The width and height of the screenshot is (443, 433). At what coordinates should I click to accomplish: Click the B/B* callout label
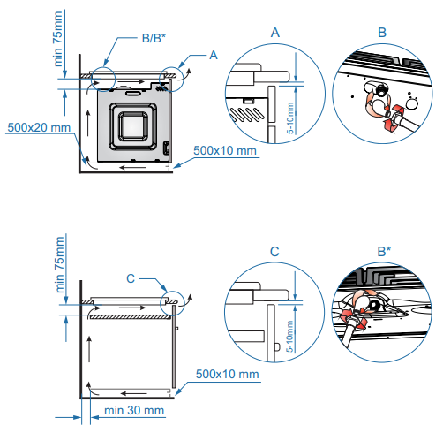coord(154,38)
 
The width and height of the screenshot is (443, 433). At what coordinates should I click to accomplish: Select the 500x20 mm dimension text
coord(39,127)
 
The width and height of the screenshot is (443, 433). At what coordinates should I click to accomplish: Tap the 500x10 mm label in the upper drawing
coord(225,150)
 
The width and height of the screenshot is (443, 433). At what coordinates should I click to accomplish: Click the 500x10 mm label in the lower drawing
coord(228,374)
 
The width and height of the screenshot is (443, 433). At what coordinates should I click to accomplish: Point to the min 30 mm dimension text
coord(134,410)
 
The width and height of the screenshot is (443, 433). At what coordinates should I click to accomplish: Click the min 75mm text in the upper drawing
coord(58,39)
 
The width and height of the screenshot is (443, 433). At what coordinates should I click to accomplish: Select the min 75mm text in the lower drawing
coord(59,264)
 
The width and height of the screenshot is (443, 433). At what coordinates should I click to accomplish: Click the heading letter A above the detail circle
coord(275,33)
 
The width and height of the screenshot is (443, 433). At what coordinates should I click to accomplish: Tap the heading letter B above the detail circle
coord(382,33)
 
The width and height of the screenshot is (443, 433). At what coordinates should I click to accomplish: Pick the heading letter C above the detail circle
coord(274,252)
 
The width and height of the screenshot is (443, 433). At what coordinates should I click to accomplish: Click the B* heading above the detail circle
coord(384,251)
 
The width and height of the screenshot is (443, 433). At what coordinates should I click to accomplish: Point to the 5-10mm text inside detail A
coord(290,118)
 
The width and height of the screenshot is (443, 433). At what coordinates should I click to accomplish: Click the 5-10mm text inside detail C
coord(289,336)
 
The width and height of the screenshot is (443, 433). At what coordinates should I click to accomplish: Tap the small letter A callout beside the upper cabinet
coord(214,55)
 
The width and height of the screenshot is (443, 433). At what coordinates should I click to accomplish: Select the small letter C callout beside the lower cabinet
coord(131,278)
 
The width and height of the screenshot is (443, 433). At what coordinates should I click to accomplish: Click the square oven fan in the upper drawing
coord(133,126)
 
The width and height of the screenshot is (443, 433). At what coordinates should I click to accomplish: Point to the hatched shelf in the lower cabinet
coord(130,317)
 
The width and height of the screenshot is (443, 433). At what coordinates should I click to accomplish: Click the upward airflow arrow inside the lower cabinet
coord(89,349)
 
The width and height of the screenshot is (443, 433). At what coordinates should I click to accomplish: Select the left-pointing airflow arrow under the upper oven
coord(132,168)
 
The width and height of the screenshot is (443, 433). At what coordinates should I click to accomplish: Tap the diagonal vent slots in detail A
coord(246,115)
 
